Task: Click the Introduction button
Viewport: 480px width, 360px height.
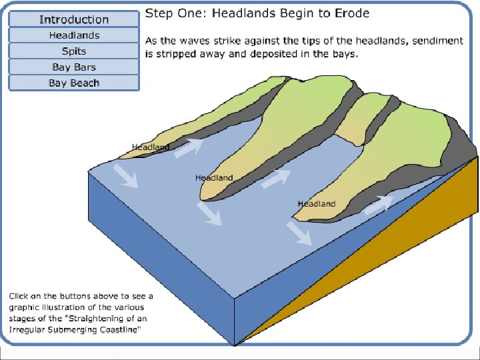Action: coord(74,19)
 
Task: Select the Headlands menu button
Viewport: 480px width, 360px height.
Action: coord(74,35)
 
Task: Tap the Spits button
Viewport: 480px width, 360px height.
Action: coord(74,51)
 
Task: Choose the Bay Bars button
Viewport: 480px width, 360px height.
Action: coord(74,67)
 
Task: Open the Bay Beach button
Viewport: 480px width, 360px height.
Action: coord(74,83)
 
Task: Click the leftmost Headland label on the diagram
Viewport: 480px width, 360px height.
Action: coord(150,147)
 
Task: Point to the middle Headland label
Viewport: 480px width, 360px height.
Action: coord(214,178)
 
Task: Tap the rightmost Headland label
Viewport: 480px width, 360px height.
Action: coord(317,204)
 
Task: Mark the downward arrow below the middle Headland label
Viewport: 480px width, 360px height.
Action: coord(209,214)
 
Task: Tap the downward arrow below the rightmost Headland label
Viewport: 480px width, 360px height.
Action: coord(298,233)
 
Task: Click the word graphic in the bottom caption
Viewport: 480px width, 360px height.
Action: coord(27,307)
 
